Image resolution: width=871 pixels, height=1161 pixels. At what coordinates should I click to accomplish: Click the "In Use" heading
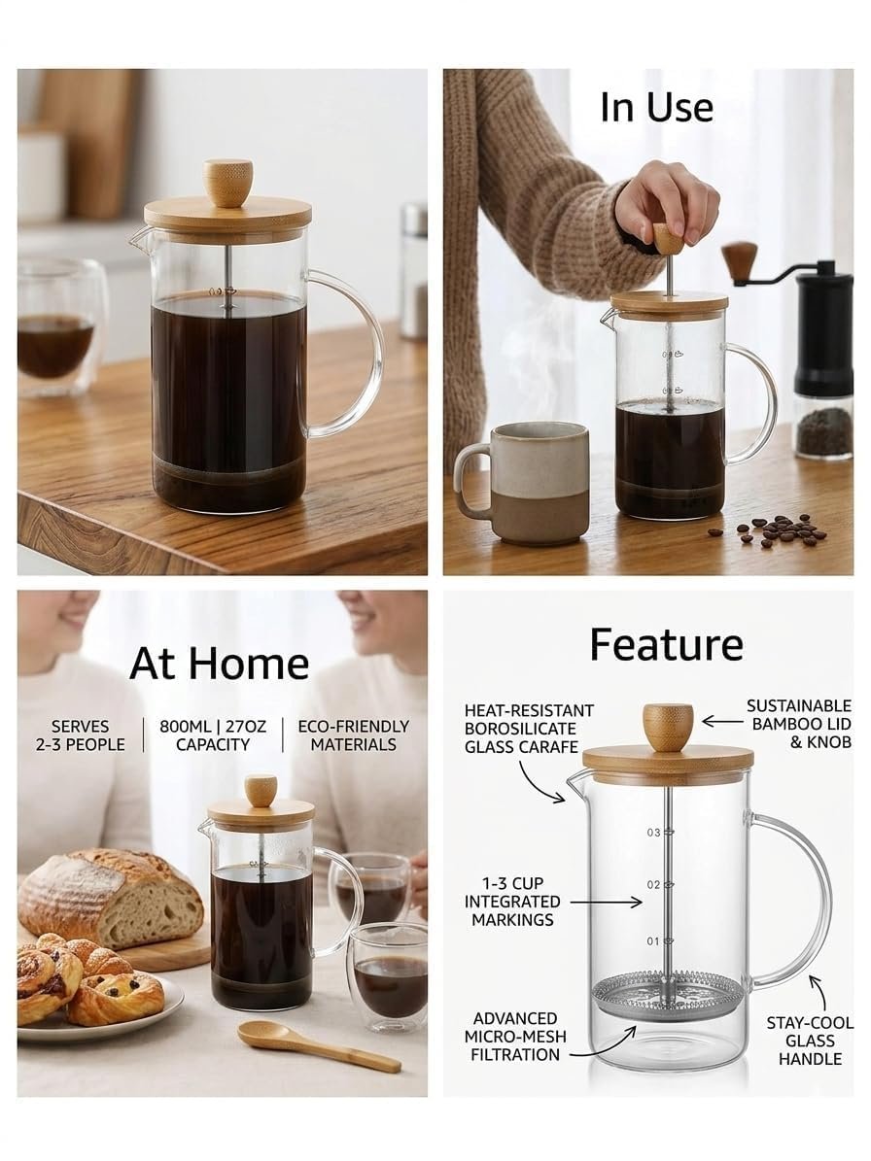[x=656, y=107]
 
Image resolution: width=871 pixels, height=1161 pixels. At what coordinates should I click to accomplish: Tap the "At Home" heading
[x=220, y=663]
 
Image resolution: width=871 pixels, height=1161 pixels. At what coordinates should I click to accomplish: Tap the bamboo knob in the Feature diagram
[x=668, y=727]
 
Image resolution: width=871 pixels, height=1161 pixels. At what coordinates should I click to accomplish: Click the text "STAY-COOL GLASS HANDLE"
[x=810, y=1041]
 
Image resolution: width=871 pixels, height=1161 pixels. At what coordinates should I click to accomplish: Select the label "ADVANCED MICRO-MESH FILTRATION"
[x=515, y=1037]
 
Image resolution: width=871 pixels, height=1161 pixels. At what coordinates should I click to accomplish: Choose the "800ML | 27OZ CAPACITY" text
[x=213, y=735]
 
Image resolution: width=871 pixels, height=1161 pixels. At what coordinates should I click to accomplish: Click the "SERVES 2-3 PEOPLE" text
[x=80, y=735]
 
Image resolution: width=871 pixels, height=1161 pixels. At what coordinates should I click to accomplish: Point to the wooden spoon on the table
[x=319, y=1045]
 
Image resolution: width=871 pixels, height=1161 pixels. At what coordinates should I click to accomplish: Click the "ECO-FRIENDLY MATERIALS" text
[x=353, y=735]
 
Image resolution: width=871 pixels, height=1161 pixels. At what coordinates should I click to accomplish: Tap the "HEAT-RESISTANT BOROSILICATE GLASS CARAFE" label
[x=529, y=729]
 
